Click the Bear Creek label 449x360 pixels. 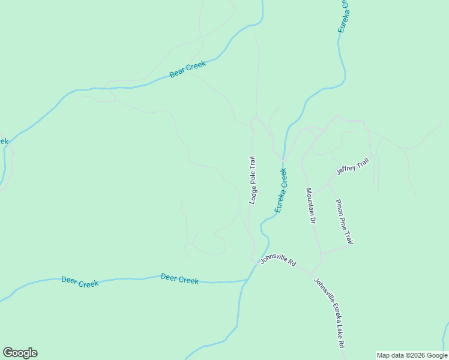188,70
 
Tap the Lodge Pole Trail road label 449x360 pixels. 253,180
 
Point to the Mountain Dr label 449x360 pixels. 310,206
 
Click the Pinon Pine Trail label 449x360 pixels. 344,221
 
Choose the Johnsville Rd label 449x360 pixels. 279,262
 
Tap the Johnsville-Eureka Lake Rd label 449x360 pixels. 329,313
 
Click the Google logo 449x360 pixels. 20,353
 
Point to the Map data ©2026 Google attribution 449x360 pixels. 412,355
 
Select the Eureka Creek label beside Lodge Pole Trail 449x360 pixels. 281,190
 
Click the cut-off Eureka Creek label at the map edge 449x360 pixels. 343,16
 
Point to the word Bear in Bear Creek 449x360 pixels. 177,73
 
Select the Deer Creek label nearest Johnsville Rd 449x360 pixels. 179,279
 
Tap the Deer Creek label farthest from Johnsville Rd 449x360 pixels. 80,282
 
